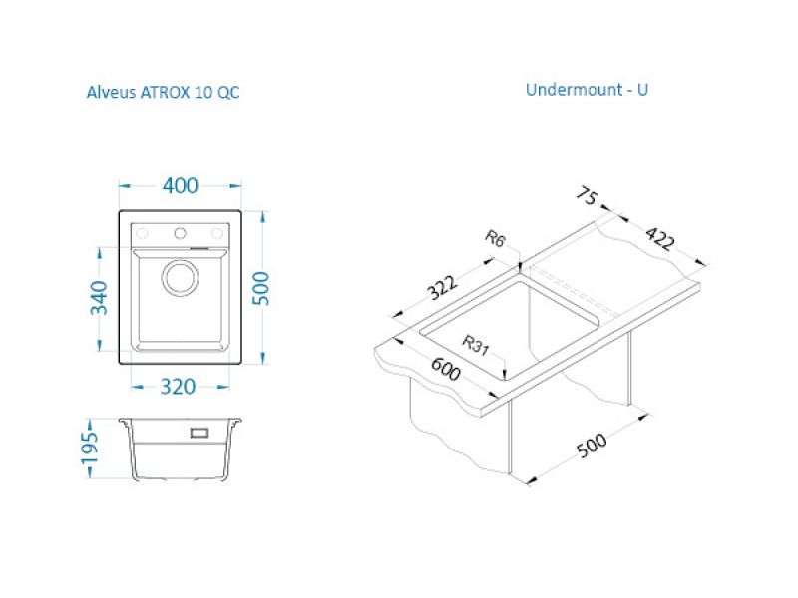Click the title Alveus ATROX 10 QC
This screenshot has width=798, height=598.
click(x=163, y=92)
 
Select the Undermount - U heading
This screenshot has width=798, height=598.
click(x=587, y=90)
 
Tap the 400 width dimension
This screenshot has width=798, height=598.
click(x=181, y=185)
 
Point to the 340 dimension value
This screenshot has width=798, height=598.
click(x=99, y=298)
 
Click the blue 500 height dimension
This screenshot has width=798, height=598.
click(x=261, y=288)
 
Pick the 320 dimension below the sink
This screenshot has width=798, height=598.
click(x=178, y=387)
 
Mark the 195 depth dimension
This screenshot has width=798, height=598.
click(x=90, y=448)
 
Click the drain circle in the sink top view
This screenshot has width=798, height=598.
click(x=181, y=278)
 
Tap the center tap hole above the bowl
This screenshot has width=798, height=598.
click(x=180, y=233)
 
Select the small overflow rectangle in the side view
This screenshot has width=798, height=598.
click(x=199, y=433)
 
